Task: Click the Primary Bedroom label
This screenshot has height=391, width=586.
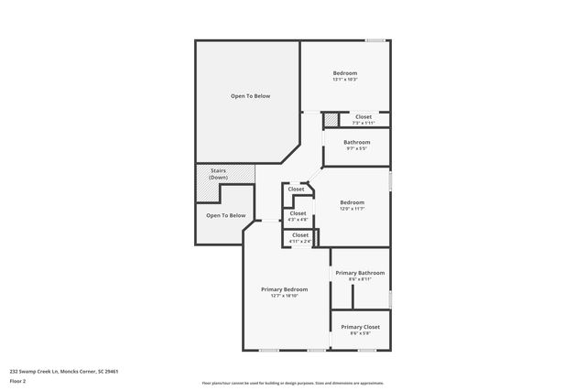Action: [283, 288]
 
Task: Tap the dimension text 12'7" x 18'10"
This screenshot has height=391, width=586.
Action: [283, 296]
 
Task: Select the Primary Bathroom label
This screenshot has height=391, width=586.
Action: [360, 273]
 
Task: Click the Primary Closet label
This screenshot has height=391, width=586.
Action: [360, 327]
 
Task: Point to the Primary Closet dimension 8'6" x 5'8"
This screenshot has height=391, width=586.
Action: [360, 333]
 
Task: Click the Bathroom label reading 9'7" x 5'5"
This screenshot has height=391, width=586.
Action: [357, 142]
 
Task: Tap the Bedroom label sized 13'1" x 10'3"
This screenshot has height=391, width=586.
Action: [345, 73]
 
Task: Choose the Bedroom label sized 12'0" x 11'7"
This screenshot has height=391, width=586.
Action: [353, 202]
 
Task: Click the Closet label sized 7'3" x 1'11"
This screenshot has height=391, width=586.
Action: [364, 117]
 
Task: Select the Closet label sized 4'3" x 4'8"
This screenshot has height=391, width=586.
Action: [298, 213]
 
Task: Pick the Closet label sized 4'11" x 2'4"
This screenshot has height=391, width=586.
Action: [300, 235]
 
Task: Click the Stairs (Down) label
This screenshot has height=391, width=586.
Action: [218, 173]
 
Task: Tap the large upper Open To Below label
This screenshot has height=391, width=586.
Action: [250, 96]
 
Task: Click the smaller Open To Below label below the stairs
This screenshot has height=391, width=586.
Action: [225, 216]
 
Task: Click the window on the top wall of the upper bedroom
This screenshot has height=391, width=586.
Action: [375, 40]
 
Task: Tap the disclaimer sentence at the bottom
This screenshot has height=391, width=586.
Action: [293, 383]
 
